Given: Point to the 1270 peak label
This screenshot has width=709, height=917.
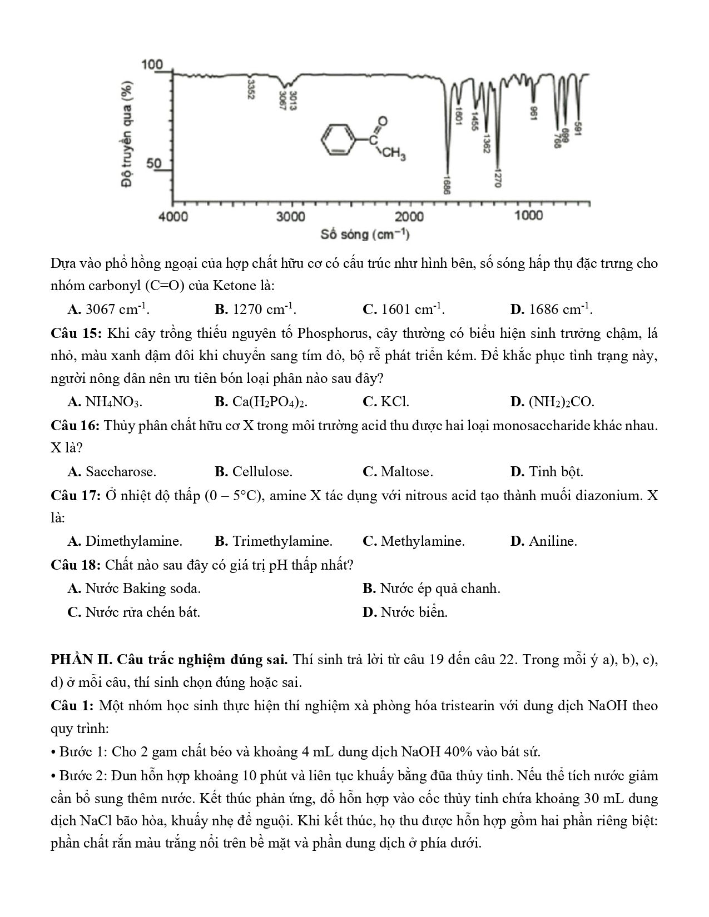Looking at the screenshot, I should [498, 177].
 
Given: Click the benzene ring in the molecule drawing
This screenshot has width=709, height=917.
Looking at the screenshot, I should [339, 139].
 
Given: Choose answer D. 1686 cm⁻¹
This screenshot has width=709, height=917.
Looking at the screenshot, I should [551, 310].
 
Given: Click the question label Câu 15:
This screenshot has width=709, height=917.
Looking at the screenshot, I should [76, 333].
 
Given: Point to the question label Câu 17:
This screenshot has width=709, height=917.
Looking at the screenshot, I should [76, 495].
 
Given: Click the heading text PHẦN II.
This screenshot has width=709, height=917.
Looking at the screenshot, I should [82, 660].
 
